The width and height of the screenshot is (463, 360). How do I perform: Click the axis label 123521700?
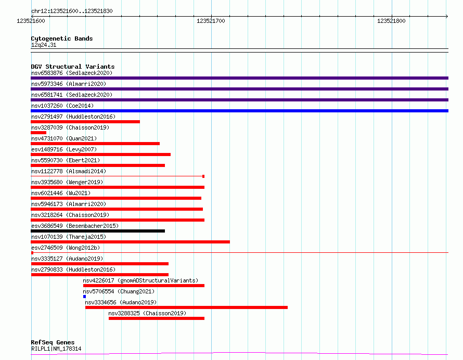tap(211, 21)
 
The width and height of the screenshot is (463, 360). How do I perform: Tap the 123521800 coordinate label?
tap(391, 21)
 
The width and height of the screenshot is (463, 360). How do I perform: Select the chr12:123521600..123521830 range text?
tap(72, 11)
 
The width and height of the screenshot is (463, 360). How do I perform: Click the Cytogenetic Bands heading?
tap(62, 38)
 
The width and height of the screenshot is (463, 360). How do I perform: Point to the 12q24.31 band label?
tap(44, 45)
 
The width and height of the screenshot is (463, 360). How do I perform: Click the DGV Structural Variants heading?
tap(73, 67)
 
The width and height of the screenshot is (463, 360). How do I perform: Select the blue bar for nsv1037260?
tap(239, 111)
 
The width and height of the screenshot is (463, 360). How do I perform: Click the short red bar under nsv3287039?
tap(38, 133)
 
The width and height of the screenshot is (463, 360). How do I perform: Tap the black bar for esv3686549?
tap(98, 231)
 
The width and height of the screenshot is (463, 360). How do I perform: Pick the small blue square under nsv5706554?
tap(84, 297)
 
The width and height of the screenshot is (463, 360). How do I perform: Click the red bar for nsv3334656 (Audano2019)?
tap(186, 307)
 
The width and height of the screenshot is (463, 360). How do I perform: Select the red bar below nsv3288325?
tap(157, 318)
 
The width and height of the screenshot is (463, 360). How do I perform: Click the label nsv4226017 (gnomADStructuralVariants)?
tap(140, 280)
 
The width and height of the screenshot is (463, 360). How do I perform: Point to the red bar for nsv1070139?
tap(130, 242)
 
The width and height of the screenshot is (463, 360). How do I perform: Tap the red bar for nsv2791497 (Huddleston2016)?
tap(85, 122)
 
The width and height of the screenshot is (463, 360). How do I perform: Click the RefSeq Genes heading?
tap(53, 342)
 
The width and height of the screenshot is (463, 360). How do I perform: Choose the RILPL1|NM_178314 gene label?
tap(56, 349)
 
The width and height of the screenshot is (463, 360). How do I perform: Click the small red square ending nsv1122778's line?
tap(203, 176)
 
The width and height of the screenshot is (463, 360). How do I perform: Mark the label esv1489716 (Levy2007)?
tap(64, 149)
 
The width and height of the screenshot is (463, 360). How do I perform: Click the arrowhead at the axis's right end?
tap(447, 16)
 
